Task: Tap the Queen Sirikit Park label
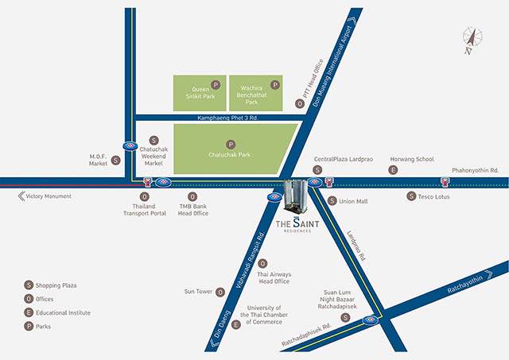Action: pos(200,92)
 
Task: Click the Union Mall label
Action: pos(353,201)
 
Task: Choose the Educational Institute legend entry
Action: pos(67,312)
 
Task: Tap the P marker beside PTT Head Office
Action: pos(300,103)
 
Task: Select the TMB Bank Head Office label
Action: pos(192,209)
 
